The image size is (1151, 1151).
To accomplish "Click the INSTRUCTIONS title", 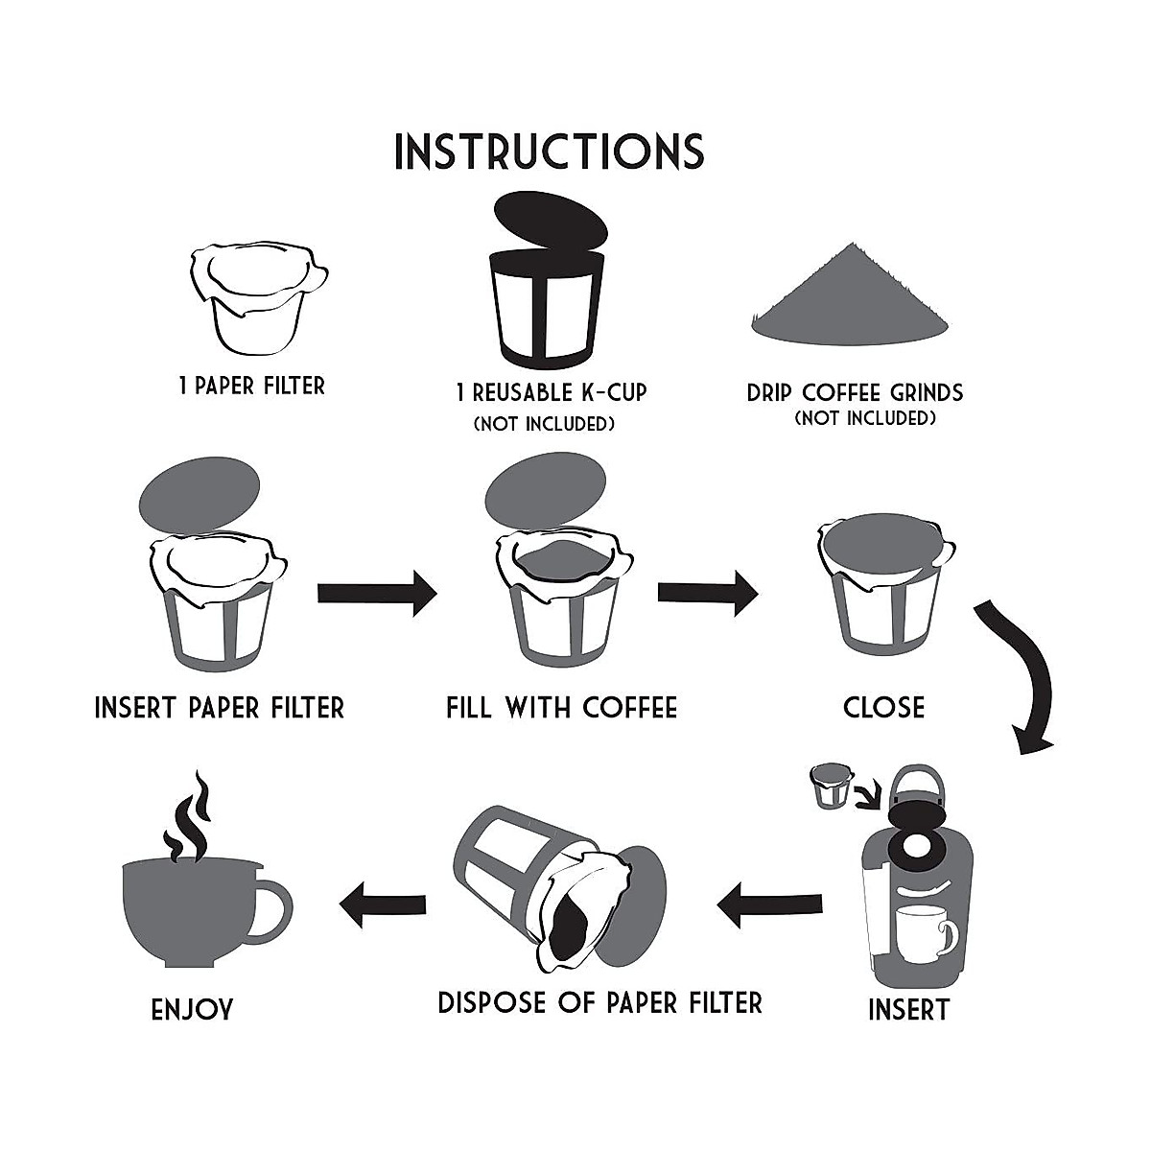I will [x=550, y=151].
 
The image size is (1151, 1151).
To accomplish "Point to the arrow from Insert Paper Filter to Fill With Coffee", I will [x=376, y=594].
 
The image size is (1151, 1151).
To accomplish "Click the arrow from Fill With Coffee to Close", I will [x=707, y=594].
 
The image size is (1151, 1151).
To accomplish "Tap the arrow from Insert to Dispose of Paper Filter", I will [x=769, y=903].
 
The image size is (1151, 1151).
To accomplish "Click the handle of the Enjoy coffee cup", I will [x=270, y=906].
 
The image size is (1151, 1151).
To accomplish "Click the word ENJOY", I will [x=192, y=1010].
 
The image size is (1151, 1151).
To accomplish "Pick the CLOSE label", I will [x=883, y=708].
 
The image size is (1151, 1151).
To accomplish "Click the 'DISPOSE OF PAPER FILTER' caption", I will [x=599, y=1003].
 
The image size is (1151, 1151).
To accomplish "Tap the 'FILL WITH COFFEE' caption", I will [x=561, y=708].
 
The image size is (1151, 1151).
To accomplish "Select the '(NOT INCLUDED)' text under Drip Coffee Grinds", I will [x=864, y=418].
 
